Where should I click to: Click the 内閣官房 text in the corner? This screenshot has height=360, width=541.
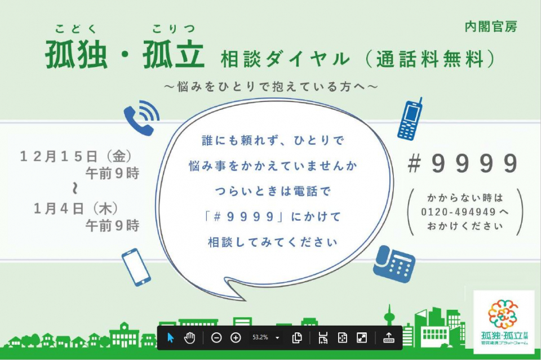coord(491,26)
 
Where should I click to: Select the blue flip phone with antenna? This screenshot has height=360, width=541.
coord(410,119)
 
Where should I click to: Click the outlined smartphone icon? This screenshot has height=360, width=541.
coord(136,267)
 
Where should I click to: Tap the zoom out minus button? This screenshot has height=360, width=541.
coord(216,337)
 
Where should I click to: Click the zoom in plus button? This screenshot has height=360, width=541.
coord(236,337)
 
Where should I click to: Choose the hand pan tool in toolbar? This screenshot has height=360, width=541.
coord(189,337)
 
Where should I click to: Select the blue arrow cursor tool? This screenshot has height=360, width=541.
coord(170,337)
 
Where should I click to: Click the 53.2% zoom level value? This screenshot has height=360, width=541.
coord(260,337)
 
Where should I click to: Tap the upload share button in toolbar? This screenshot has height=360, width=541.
coord(388,337)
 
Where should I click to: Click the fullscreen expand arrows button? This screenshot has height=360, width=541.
coord(362,337)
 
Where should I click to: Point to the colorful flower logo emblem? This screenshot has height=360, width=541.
coord(503,314)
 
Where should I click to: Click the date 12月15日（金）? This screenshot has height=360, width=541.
coord(76,157)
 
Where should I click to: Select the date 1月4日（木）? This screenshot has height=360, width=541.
coord(76,208)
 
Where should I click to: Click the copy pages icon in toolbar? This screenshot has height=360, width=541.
coord(297,337)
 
